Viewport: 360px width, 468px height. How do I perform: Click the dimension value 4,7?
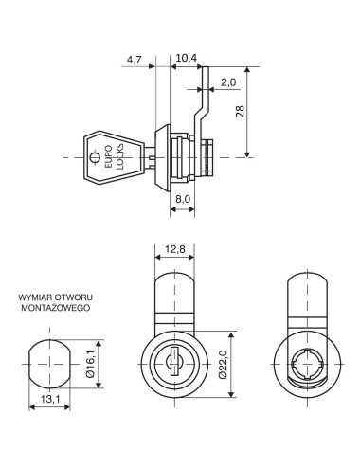click(x=135, y=61)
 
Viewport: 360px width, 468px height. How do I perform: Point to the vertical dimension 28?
click(x=266, y=111)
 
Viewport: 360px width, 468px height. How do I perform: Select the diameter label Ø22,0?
click(x=221, y=364)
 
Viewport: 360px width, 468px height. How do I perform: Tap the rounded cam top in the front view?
click(x=173, y=294)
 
